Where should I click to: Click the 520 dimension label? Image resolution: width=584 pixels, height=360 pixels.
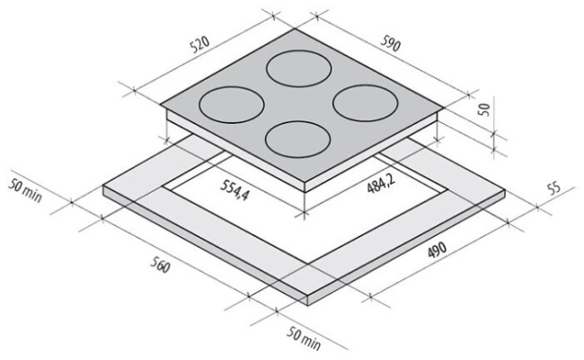pos(200,44)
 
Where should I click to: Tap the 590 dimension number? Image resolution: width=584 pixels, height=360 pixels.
pos(390,43)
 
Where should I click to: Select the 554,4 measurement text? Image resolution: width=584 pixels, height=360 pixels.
pos(234,190)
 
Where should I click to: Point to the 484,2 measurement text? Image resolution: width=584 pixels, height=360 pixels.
pos(381,183)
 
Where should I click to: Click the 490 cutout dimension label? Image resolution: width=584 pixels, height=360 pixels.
pos(437,250)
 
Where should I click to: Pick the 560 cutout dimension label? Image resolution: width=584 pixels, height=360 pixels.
pos(161,265)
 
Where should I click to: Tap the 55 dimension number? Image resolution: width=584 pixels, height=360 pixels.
pos(554,189)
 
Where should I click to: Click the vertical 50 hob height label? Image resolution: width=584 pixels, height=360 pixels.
pos(484,110)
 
